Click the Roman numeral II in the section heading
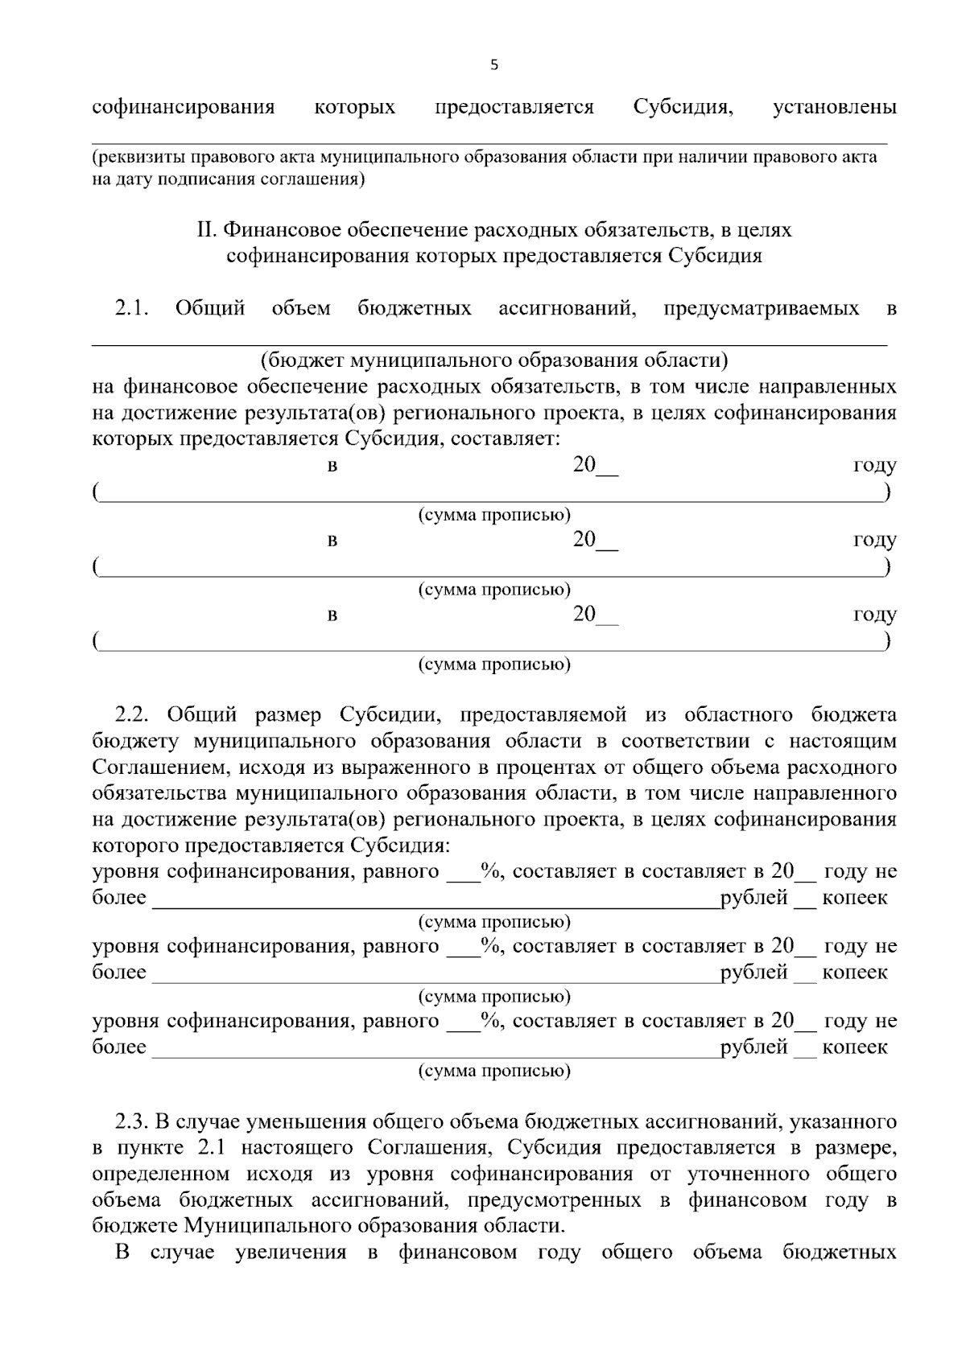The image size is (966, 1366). click(207, 231)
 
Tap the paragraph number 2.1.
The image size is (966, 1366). click(133, 308)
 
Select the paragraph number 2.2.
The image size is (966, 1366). click(133, 715)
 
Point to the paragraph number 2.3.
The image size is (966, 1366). click(133, 1122)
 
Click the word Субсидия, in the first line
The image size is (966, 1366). click(683, 107)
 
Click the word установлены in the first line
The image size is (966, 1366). click(834, 107)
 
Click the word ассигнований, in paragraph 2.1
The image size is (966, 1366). click(568, 308)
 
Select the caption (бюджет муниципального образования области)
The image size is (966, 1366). click(493, 360)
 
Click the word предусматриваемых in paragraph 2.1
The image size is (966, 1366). click(761, 308)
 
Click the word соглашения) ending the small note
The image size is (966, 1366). click(312, 179)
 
